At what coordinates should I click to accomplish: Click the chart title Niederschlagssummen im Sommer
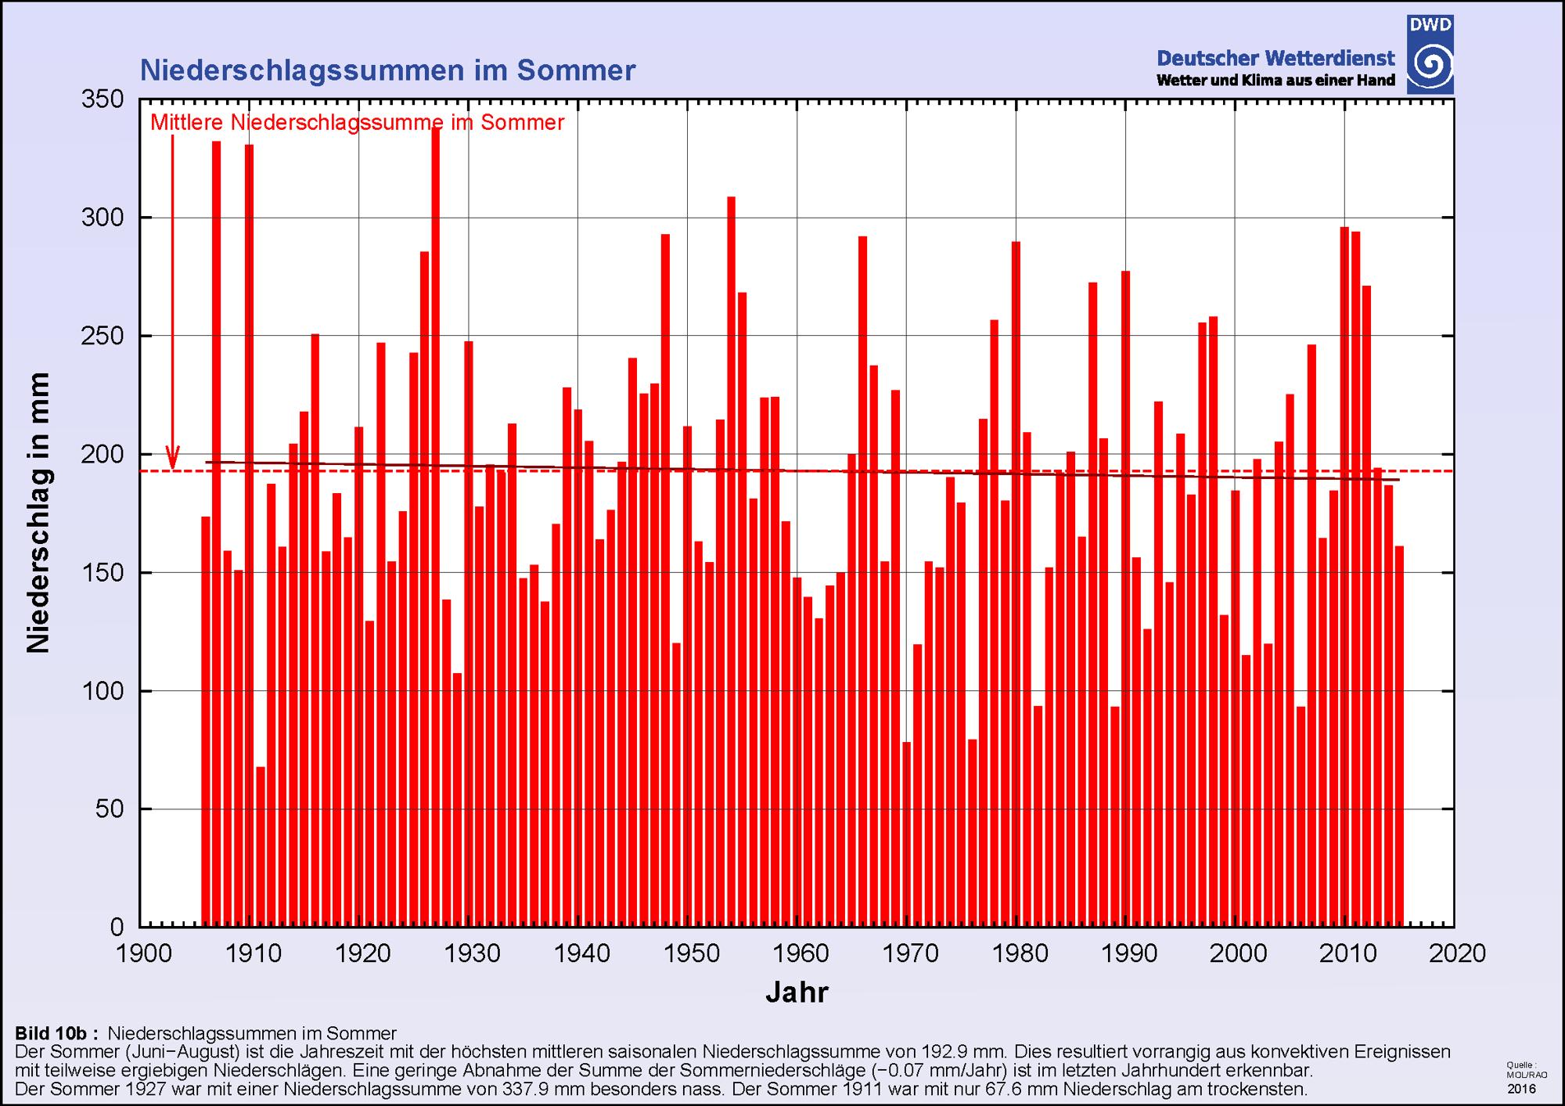click(x=387, y=70)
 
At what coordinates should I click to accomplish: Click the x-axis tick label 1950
click(x=687, y=953)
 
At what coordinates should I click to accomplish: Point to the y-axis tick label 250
click(x=103, y=337)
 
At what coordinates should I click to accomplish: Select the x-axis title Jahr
click(x=797, y=993)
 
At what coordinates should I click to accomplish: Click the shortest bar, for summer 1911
click(x=261, y=845)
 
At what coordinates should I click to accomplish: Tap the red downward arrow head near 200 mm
click(x=172, y=458)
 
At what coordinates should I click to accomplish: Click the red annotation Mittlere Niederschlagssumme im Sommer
click(x=357, y=123)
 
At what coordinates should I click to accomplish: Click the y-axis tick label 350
click(x=103, y=99)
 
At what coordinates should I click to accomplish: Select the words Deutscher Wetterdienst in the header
click(x=1275, y=58)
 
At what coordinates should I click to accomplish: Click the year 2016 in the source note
click(x=1521, y=1089)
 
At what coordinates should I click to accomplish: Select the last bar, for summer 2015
click(x=1399, y=736)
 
